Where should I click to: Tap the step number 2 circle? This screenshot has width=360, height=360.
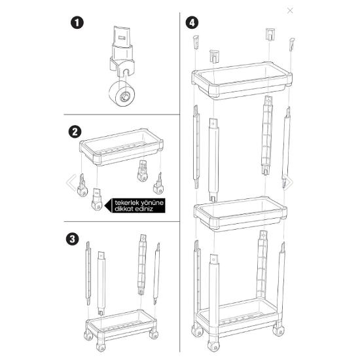tap(75, 131)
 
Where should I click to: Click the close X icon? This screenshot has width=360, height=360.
tap(291, 10)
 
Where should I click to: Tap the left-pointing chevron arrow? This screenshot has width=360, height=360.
tap(71, 181)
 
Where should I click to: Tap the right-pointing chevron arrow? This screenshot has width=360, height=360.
tap(289, 181)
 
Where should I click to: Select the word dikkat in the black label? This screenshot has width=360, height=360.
tap(126, 210)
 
